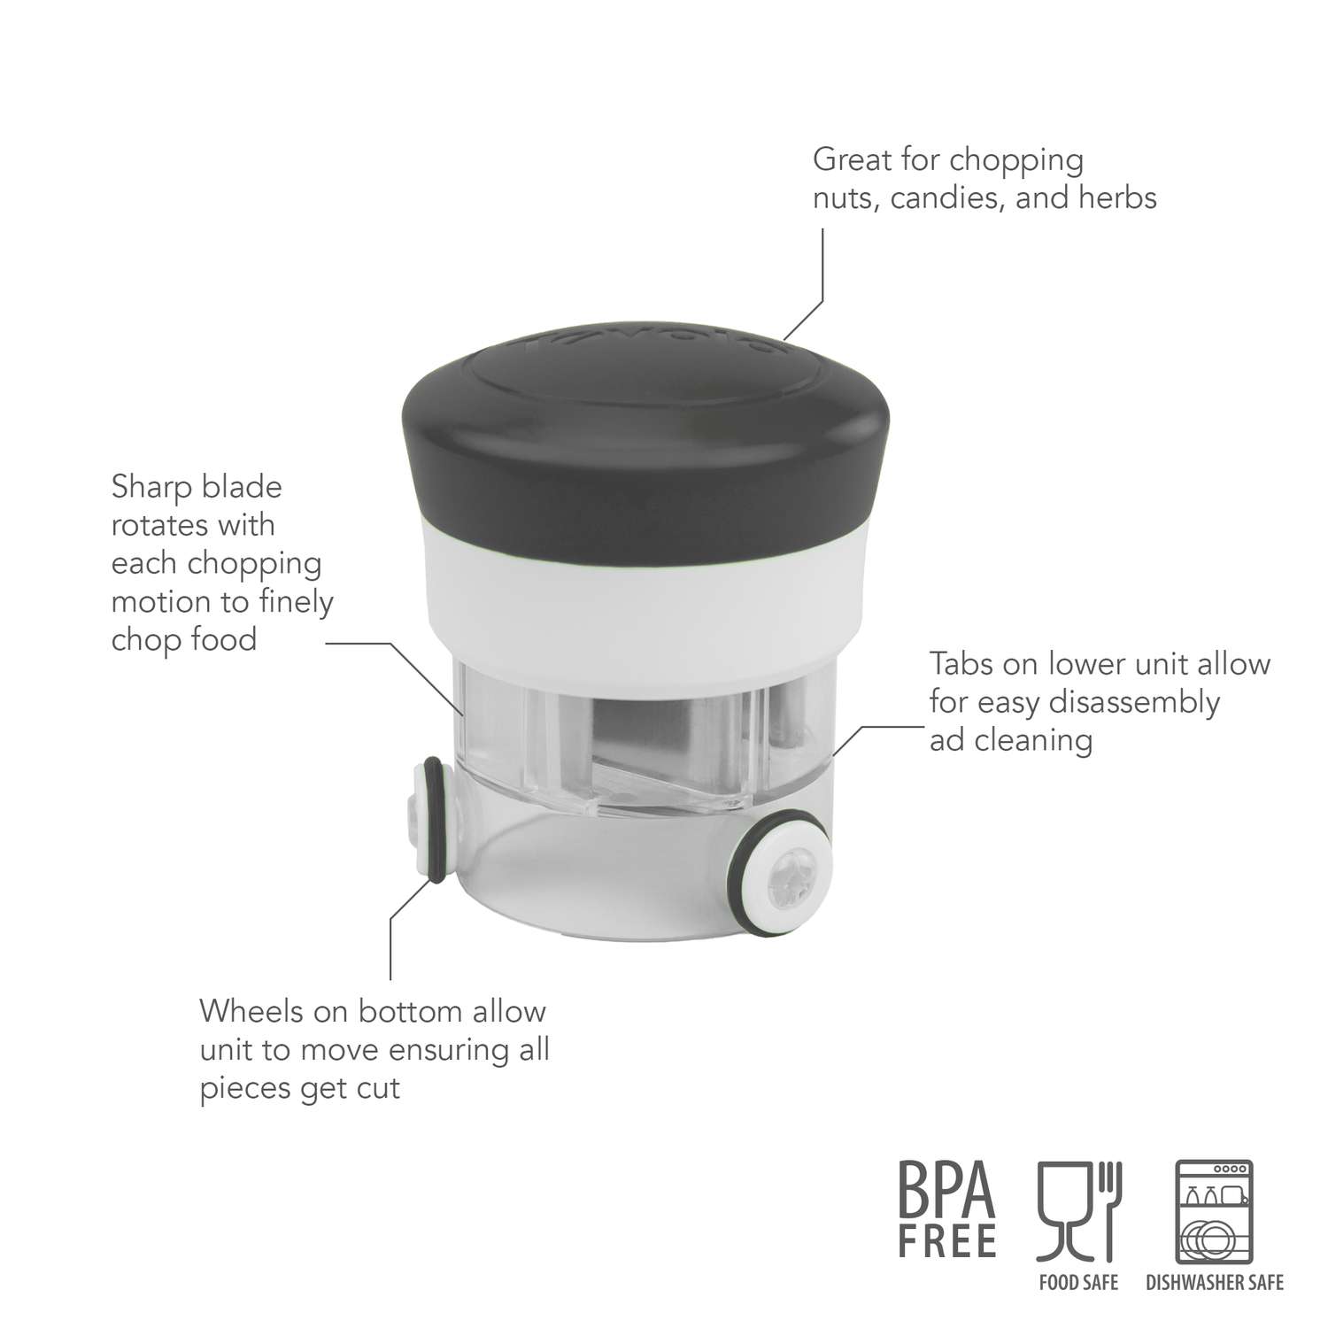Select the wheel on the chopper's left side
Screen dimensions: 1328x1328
[431, 819]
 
